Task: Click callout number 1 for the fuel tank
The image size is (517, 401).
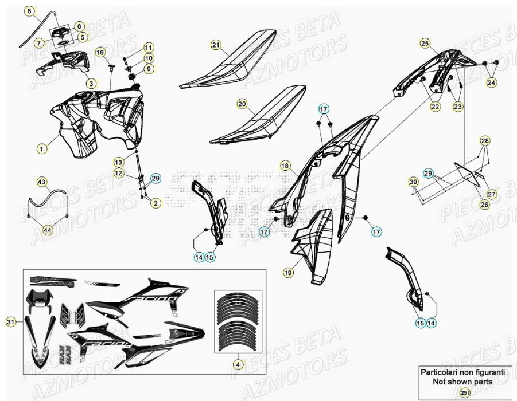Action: point(41,149)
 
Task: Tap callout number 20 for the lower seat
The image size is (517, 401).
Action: point(242,104)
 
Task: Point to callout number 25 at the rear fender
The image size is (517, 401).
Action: point(425,42)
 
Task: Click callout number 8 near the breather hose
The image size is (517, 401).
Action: point(30,11)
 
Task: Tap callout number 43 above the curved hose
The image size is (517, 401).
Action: point(41,182)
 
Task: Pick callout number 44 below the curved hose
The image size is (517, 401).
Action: point(47,230)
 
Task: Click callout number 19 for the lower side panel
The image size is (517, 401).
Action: point(288,274)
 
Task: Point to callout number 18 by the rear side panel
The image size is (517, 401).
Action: point(285,166)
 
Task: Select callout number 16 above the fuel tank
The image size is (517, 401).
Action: point(100,53)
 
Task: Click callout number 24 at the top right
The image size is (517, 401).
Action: point(491,83)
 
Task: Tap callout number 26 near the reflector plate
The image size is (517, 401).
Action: point(485,205)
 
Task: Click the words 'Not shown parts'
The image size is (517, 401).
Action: point(462,380)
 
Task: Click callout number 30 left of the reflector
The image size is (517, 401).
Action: point(413,182)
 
